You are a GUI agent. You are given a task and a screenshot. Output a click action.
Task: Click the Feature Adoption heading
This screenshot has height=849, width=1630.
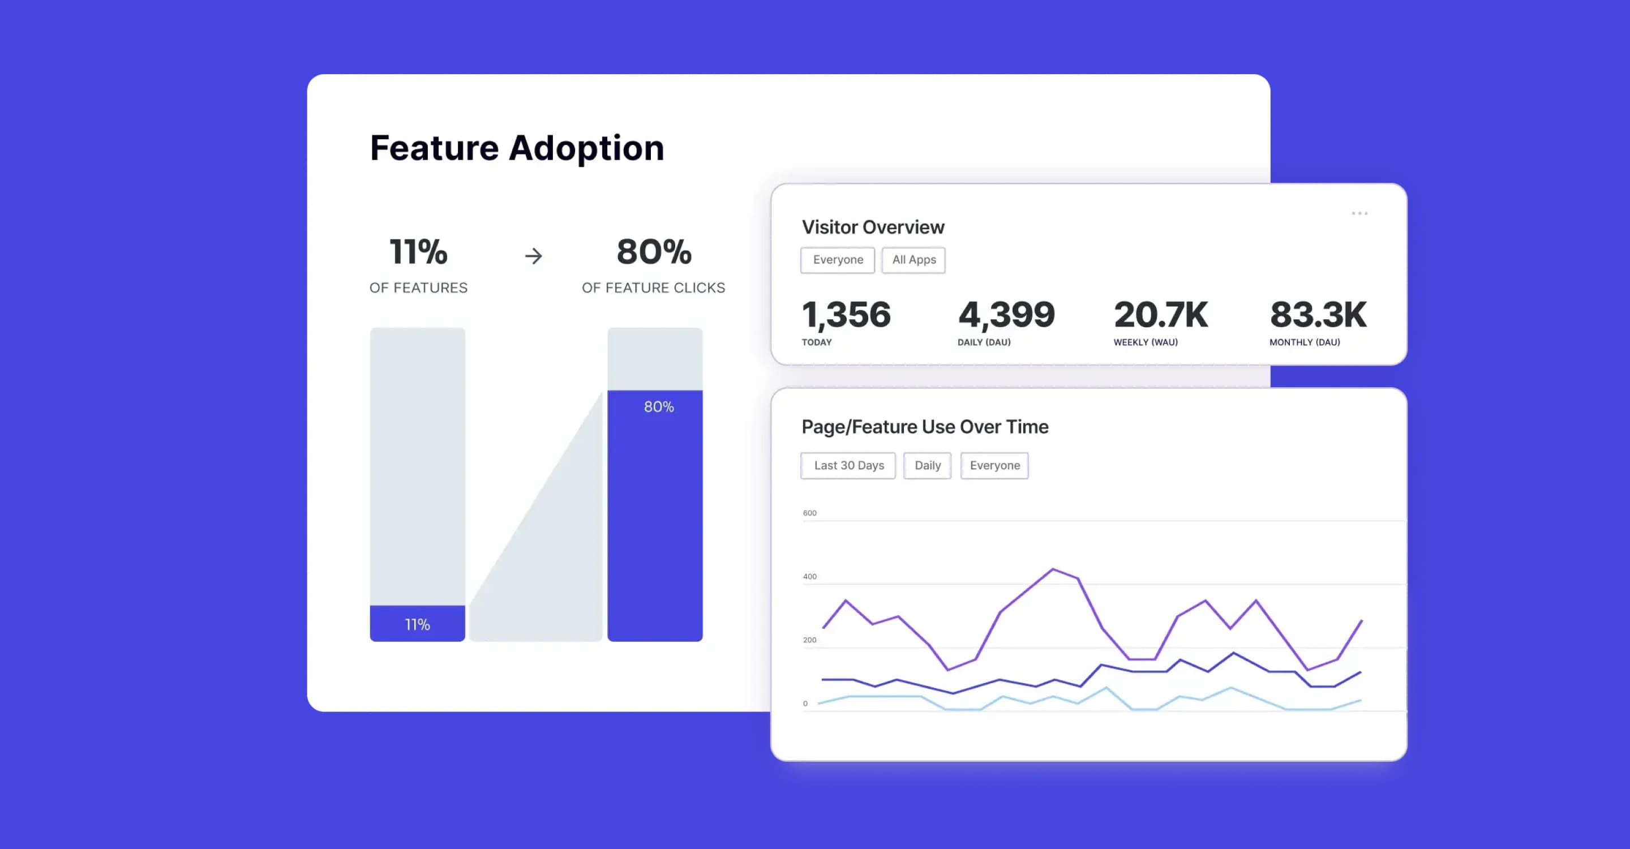tap(517, 148)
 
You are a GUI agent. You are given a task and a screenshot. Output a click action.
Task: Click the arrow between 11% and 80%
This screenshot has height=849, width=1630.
tap(533, 256)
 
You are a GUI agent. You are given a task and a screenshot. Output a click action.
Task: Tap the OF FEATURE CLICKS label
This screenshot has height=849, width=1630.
tap(653, 288)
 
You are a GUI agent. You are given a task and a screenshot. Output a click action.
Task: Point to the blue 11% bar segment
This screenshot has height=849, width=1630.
tap(417, 624)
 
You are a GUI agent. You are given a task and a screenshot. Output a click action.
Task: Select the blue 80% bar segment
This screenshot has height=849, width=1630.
tap(655, 516)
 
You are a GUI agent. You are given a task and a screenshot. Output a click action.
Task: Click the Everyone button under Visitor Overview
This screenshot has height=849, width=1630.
tap(837, 260)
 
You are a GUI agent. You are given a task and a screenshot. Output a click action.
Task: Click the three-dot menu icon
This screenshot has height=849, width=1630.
tap(1359, 213)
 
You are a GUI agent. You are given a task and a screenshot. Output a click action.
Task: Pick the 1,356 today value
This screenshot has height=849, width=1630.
tap(846, 315)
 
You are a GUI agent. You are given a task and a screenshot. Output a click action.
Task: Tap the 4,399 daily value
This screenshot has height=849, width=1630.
tap(1006, 315)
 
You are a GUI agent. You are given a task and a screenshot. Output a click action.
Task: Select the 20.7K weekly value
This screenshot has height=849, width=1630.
tap(1160, 315)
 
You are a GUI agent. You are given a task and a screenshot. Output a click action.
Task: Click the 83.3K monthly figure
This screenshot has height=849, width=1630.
tap(1318, 315)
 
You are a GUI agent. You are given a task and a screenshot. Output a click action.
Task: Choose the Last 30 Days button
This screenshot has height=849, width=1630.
tap(848, 466)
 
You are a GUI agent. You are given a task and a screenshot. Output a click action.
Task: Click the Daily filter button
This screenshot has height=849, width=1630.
tap(927, 466)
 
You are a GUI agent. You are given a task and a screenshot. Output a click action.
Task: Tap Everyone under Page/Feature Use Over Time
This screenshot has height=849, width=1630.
tap(994, 466)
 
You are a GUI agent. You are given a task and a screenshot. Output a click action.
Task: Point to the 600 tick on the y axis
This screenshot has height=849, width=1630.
tap(809, 513)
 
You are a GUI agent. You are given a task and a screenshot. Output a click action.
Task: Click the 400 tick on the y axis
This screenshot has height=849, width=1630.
tap(809, 576)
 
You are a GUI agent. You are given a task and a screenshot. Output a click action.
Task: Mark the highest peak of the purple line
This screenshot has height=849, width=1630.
tap(1053, 569)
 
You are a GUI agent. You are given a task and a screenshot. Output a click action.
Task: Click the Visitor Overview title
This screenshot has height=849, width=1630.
tap(873, 227)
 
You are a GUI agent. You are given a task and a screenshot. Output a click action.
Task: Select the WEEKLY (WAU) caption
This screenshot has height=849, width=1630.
tap(1146, 342)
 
